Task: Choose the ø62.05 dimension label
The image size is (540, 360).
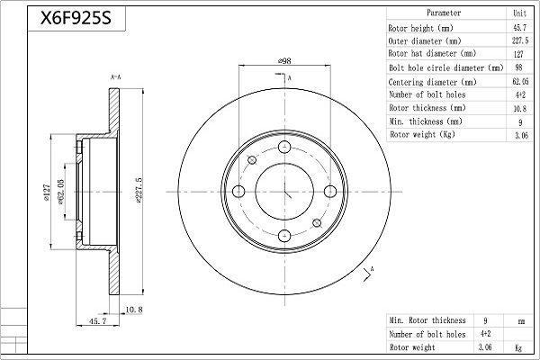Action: pyautogui.click(x=62, y=191)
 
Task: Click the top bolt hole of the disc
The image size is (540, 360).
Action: pyautogui.click(x=283, y=148)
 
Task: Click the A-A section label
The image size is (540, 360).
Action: pyautogui.click(x=115, y=79)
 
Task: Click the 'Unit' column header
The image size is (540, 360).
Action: pyautogui.click(x=520, y=13)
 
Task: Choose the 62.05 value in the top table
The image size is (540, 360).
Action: pyautogui.click(x=520, y=80)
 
